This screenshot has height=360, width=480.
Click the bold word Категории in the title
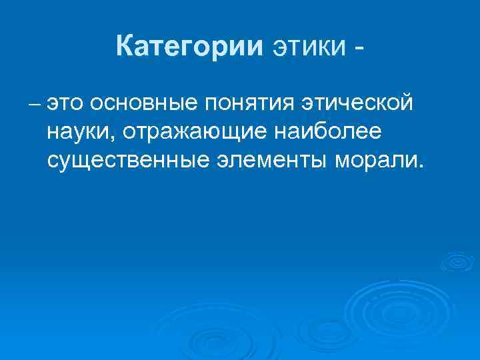(x=189, y=46)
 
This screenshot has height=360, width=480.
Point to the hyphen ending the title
(x=360, y=49)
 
